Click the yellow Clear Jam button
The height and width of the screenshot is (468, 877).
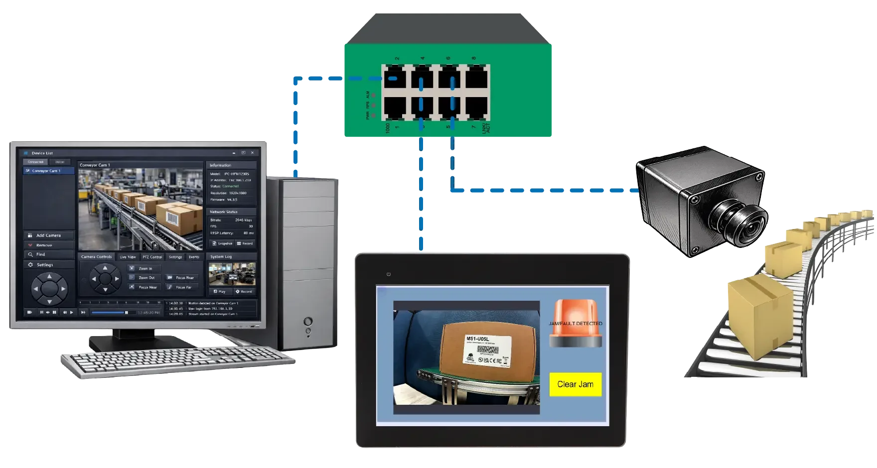click(x=575, y=384)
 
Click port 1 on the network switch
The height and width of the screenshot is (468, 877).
click(x=394, y=108)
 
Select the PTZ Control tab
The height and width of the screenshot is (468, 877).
click(x=152, y=257)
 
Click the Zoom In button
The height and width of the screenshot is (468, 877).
click(x=145, y=268)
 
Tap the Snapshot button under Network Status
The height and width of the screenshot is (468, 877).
click(x=222, y=243)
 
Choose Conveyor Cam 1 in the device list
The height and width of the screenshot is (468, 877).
click(x=49, y=171)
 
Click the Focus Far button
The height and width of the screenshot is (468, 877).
click(x=182, y=287)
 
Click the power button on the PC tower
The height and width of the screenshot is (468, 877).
click(x=309, y=321)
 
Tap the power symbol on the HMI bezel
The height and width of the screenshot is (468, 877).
click(x=389, y=274)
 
